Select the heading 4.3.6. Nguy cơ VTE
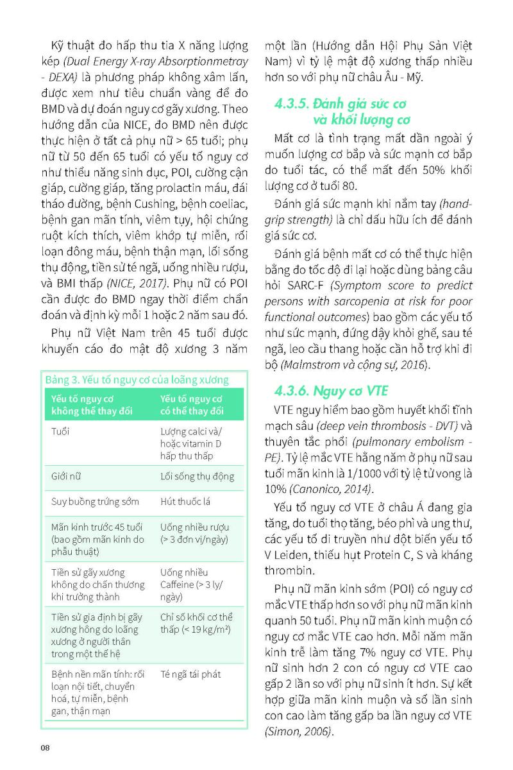click(x=331, y=391)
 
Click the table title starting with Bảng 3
click(x=137, y=380)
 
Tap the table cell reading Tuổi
click(x=60, y=431)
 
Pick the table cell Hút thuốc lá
click(x=185, y=502)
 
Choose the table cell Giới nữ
click(x=67, y=477)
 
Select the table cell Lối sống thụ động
click(x=197, y=477)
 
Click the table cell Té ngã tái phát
click(x=191, y=675)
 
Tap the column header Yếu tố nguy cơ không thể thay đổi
click(x=87, y=405)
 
